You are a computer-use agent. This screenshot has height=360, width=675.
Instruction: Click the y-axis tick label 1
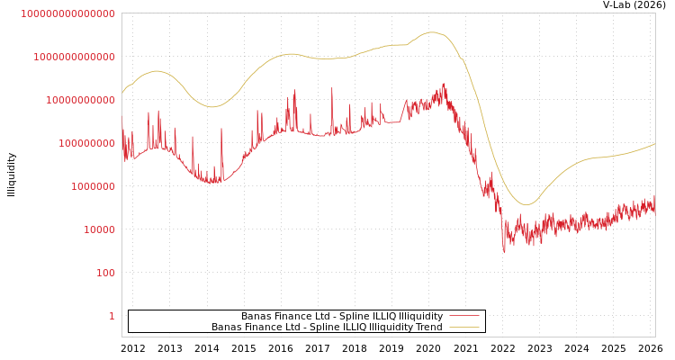tap(112, 316)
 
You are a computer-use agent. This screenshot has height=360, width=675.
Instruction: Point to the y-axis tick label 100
tap(105, 273)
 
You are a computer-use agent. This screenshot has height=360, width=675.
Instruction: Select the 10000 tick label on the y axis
tap(99, 229)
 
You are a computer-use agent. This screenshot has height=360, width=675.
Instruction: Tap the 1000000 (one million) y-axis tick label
tap(93, 186)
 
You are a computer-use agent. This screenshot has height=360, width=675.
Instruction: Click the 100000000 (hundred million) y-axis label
tap(86, 143)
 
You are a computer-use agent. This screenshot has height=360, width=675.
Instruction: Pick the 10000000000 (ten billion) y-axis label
tap(80, 100)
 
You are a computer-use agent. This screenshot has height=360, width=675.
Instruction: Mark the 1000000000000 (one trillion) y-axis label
tap(74, 57)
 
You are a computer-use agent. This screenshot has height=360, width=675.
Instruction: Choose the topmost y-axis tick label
tap(67, 13)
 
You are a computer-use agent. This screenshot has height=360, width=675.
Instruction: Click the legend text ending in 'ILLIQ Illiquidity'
tap(341, 316)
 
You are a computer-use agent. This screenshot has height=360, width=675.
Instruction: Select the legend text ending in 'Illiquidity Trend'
tap(327, 327)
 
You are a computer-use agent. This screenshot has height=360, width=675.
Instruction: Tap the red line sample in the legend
tap(463, 316)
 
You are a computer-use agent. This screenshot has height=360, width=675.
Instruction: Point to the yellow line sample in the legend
tap(463, 327)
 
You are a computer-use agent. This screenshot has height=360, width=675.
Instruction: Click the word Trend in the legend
tap(429, 327)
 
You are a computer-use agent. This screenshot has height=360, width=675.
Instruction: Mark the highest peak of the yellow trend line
tap(432, 32)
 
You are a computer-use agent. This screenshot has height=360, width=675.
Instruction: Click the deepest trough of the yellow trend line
tap(527, 204)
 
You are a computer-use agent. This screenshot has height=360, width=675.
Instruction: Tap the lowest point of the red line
tap(504, 252)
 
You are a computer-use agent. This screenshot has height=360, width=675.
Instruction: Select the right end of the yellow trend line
tap(654, 143)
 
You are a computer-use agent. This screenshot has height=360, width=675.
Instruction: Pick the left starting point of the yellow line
tap(122, 93)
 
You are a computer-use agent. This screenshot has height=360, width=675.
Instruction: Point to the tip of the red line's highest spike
tap(444, 84)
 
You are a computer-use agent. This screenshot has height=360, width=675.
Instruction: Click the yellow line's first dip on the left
tap(212, 107)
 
